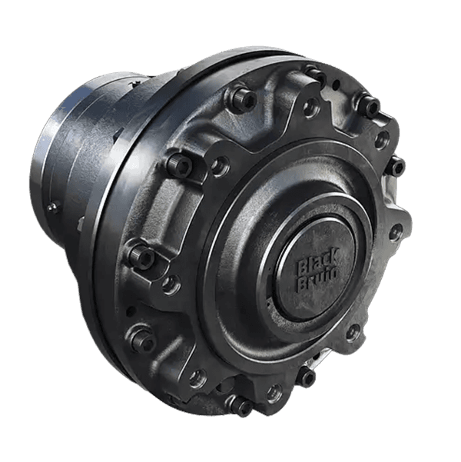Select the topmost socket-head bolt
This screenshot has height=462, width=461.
(x=314, y=74)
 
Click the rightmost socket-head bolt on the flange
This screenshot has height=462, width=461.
(x=396, y=164)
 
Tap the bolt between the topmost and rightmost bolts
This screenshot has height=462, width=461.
(x=369, y=105)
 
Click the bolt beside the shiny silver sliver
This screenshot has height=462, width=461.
(x=307, y=377)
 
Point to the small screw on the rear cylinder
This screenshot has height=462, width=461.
(x=52, y=207)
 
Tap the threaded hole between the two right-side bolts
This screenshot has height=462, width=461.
(x=381, y=139)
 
